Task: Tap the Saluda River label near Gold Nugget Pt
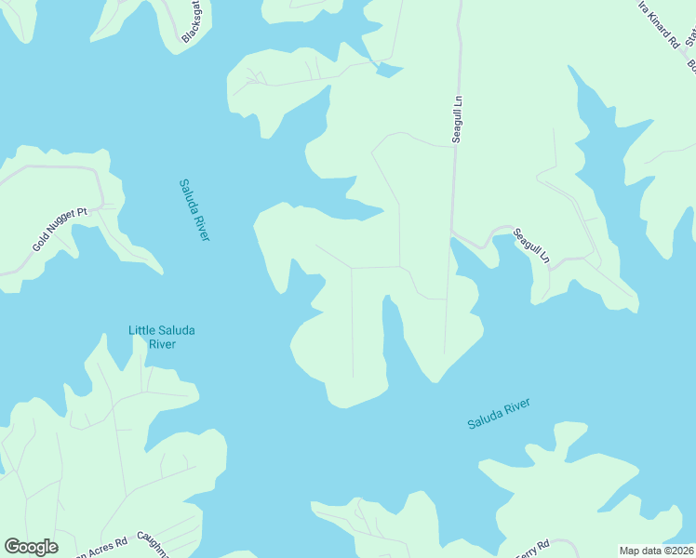[194, 210]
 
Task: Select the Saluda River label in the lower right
[499, 414]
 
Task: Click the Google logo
[31, 547]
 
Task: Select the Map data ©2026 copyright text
[657, 551]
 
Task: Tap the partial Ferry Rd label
[531, 549]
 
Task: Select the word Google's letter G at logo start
[12, 547]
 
